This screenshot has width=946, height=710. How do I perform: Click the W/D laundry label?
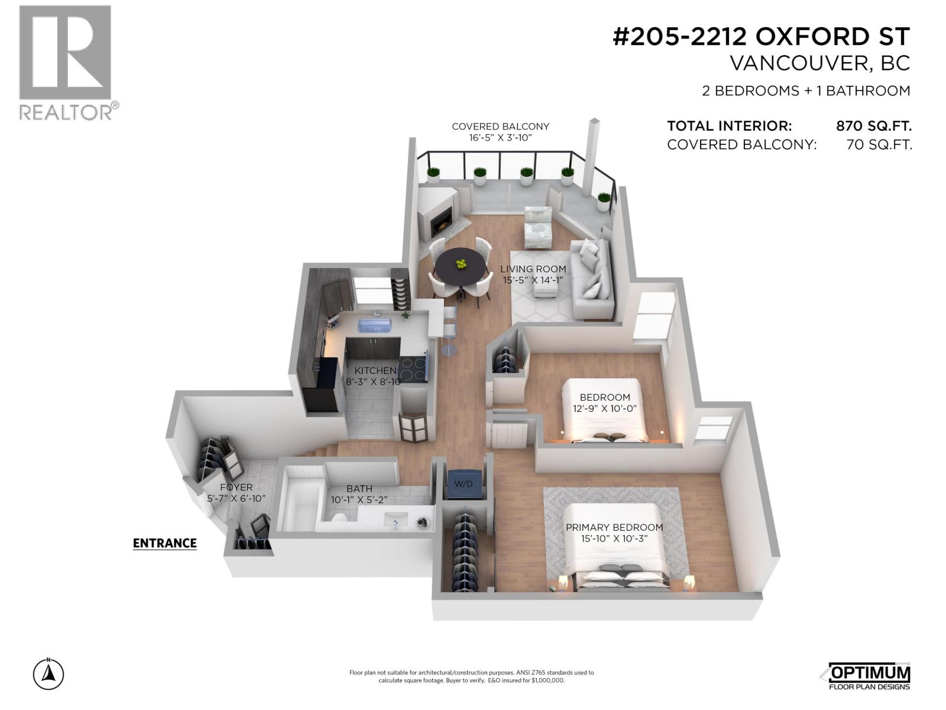pos(463,484)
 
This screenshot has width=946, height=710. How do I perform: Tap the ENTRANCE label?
pos(164,543)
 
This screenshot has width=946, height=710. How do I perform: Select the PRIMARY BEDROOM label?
pos(614,527)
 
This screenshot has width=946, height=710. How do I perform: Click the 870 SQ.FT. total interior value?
pos(873,126)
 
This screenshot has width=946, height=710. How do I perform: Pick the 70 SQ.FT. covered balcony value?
pos(879,145)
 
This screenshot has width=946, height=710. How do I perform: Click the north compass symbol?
pos(48,674)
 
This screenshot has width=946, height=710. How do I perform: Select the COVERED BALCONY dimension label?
pos(500,131)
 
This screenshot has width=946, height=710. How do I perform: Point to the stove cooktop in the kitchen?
pos(413,369)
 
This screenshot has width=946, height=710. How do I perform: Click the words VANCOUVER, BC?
pos(819,63)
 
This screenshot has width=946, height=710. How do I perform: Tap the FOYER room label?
pos(236,488)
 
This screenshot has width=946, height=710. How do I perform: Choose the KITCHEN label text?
pos(375,371)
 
